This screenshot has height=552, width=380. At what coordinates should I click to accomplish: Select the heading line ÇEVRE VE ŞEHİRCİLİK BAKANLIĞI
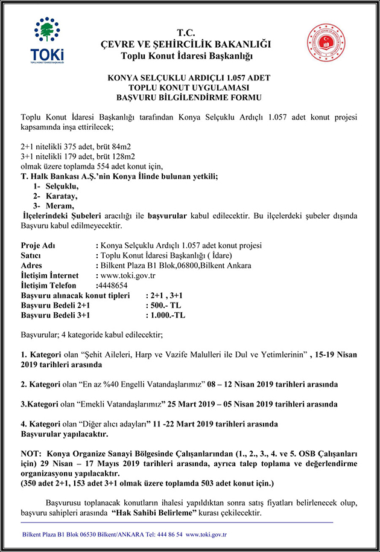pos(185,44)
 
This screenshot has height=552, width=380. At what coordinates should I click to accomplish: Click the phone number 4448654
pos(112,285)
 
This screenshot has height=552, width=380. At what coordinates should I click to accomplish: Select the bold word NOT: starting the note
pos(31,454)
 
